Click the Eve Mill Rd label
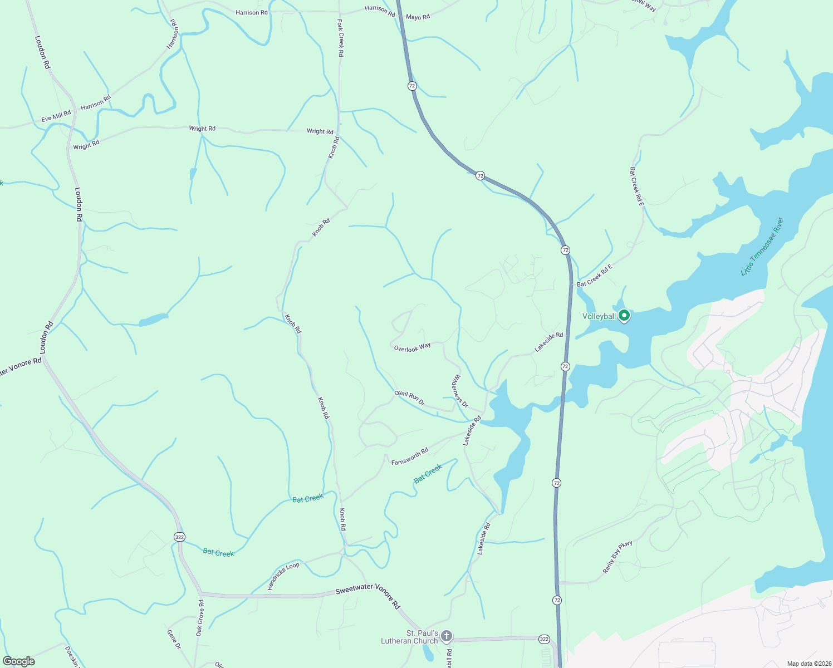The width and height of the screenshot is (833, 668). point(56,116)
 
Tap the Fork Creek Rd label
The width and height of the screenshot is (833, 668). point(340,38)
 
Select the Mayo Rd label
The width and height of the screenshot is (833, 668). point(418,17)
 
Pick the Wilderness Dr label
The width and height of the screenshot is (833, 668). point(459,391)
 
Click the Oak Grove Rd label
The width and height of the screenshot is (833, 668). point(199,618)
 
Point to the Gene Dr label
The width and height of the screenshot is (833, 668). point(174,639)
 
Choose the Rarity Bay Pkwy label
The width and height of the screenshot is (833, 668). point(618,557)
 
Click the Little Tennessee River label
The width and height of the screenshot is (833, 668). point(762,247)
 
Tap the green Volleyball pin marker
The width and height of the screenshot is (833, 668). point(624,316)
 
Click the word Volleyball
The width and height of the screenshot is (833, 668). point(599,316)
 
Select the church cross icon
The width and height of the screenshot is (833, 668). point(446,636)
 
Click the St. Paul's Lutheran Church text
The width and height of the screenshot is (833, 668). point(410,637)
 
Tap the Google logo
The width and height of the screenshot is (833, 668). point(19,661)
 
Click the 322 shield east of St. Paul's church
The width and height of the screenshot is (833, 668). point(544,639)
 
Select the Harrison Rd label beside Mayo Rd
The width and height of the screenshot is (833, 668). point(380,10)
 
